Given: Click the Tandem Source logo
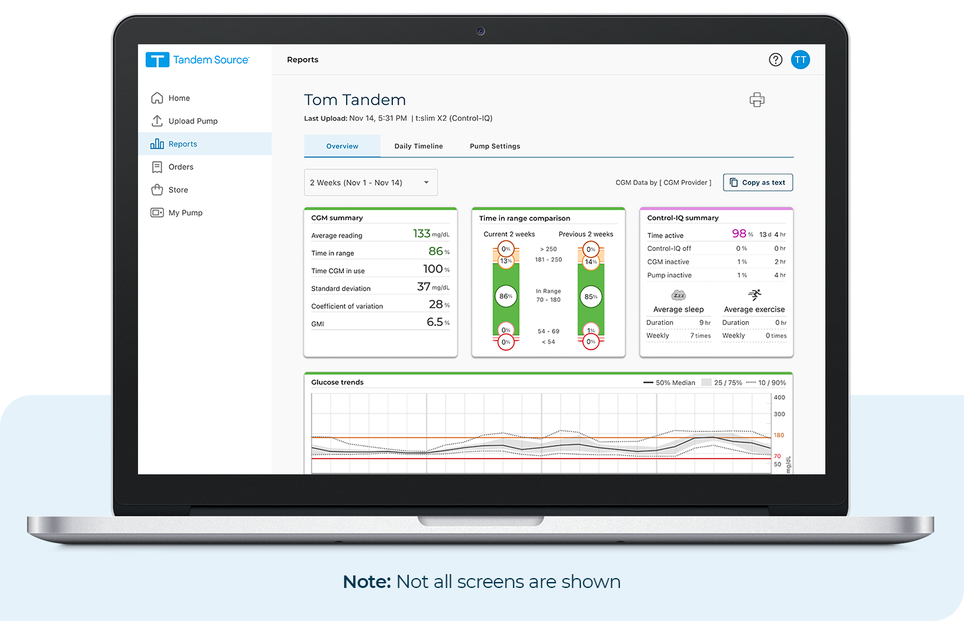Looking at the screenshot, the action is (x=197, y=60).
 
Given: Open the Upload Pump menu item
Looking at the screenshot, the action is (x=184, y=121).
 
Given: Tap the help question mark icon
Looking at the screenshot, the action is (x=776, y=60).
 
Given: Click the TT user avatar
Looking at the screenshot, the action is (x=800, y=60).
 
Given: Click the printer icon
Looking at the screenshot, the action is (x=757, y=100).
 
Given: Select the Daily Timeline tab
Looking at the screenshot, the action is (x=419, y=146).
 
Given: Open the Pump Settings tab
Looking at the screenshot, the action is (x=495, y=146).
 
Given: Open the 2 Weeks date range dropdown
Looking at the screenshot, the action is (x=370, y=183).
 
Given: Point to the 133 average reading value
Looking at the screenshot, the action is (x=421, y=234).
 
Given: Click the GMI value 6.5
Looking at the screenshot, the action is (x=434, y=322).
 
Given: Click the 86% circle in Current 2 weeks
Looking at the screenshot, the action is (x=506, y=296).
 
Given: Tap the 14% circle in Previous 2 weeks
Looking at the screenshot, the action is (x=591, y=262).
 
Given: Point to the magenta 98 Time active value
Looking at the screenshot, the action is (x=739, y=233).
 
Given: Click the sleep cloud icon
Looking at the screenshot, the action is (x=678, y=295).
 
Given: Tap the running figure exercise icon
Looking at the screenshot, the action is (x=754, y=295).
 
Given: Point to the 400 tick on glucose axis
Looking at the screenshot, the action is (x=779, y=398).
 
